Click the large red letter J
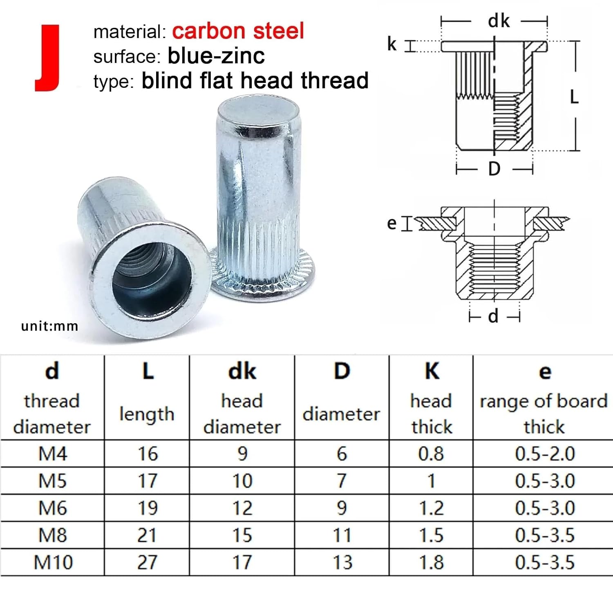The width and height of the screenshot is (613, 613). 48,58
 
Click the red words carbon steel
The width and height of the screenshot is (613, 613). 238,31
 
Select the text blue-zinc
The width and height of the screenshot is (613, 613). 216,56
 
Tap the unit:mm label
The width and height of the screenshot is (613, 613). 49,326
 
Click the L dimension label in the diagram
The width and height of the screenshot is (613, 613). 574,97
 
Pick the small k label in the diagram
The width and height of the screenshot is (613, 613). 392,44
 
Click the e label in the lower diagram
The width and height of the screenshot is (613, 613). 392,223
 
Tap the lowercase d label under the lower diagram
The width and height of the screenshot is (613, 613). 494,316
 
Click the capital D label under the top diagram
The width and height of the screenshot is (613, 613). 494,168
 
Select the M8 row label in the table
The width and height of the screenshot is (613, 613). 52,535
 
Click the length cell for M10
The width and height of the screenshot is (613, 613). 147,562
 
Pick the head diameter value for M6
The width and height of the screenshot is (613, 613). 242,508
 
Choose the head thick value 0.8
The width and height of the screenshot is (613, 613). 431,454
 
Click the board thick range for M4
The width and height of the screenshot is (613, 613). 545,454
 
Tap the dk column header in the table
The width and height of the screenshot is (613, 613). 242,371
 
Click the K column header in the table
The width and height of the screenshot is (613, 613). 432,371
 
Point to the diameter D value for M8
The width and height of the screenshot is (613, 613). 342,535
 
